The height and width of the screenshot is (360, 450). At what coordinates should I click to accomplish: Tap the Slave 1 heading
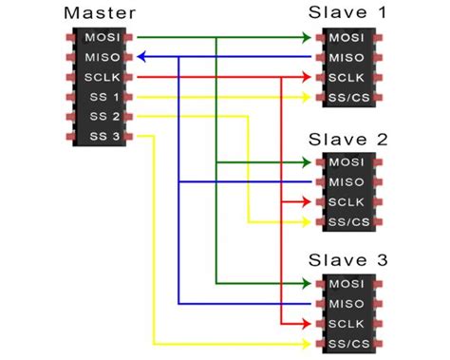coord(348,13)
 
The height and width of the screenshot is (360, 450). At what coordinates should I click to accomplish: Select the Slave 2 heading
coord(348,139)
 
